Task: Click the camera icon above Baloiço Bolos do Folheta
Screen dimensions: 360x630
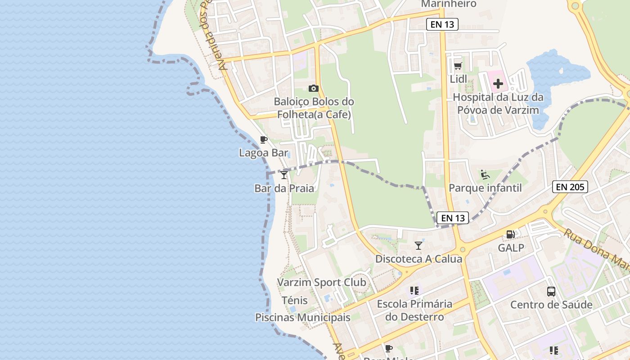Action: (x=314, y=88)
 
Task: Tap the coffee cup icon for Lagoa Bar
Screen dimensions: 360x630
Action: (x=264, y=139)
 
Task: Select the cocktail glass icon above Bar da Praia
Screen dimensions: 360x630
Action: (x=283, y=175)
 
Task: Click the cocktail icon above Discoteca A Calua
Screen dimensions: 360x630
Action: (x=418, y=245)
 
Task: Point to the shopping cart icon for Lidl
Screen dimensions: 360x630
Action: (x=458, y=66)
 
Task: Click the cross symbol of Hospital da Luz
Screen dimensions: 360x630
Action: (x=498, y=84)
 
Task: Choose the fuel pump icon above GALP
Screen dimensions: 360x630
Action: (x=510, y=234)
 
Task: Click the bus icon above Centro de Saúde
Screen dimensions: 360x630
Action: (x=551, y=291)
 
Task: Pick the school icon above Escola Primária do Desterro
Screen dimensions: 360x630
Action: (x=414, y=291)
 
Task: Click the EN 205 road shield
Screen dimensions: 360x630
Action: (x=570, y=187)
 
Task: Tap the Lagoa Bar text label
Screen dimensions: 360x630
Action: (x=263, y=153)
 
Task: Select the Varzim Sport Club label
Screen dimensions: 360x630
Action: (x=321, y=283)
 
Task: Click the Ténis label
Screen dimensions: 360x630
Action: (x=295, y=300)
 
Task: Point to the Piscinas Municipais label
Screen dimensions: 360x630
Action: (x=302, y=317)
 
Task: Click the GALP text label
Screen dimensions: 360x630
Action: (x=511, y=247)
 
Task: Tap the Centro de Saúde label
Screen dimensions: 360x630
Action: (x=551, y=305)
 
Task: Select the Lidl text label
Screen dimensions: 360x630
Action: (x=458, y=79)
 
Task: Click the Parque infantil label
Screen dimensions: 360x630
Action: (x=485, y=188)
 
